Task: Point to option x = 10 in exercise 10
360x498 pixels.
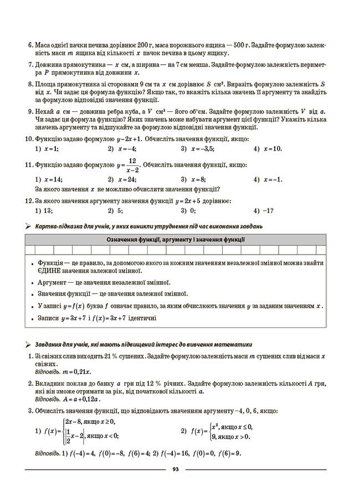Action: point(272,149)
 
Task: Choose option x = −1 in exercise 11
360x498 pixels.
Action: point(273,179)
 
